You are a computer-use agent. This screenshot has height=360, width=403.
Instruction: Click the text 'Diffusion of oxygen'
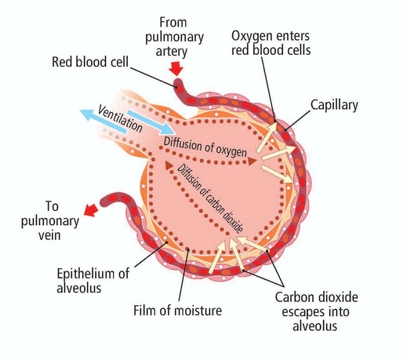pyautogui.click(x=205, y=144)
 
